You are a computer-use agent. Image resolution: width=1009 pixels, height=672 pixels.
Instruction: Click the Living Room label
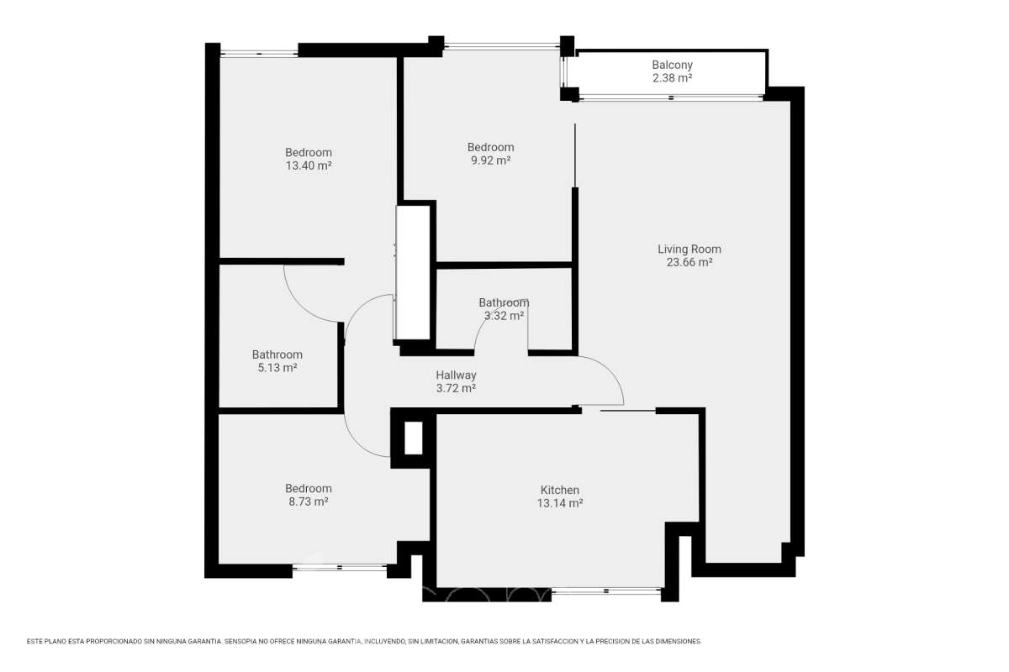click(689, 249)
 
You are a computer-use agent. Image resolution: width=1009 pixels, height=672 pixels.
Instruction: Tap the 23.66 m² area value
click(689, 262)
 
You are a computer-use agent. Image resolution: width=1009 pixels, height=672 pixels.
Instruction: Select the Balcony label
click(672, 66)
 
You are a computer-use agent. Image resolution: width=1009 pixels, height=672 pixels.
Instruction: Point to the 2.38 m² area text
click(672, 78)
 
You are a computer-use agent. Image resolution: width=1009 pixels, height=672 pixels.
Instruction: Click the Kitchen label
click(560, 490)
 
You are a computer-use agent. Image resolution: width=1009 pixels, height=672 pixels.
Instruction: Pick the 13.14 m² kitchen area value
click(560, 503)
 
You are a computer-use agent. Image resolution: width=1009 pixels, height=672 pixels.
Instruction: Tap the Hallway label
click(456, 375)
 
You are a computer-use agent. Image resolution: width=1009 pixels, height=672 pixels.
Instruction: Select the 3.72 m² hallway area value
click(456, 388)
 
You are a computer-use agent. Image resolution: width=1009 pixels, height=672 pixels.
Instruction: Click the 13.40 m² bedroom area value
click(309, 165)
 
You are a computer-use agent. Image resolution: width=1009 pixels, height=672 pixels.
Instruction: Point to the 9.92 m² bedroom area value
click(490, 160)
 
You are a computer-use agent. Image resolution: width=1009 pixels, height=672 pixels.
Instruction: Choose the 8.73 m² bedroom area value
click(309, 501)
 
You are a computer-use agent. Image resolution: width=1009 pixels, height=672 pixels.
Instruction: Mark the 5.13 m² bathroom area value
click(277, 368)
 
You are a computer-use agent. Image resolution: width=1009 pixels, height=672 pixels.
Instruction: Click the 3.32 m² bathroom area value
click(504, 316)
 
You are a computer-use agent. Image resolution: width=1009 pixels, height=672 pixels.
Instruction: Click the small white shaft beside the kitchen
click(414, 438)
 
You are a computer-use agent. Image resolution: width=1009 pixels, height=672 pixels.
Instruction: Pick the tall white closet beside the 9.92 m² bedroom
click(413, 272)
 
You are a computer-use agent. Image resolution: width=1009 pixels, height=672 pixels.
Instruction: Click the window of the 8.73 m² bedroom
click(340, 567)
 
